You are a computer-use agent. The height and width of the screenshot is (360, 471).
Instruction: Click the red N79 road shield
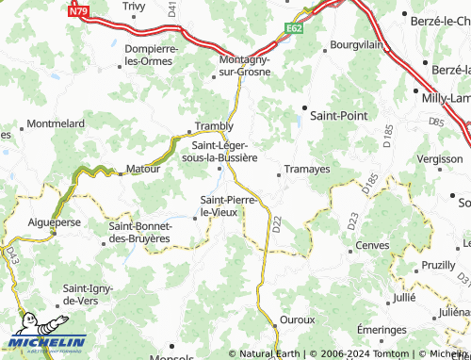coord(79,12)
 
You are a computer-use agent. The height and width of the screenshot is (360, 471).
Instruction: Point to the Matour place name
coord(143,171)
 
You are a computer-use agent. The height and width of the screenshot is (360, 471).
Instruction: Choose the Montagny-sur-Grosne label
coord(238,64)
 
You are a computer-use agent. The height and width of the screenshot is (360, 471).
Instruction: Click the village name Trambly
coord(213,126)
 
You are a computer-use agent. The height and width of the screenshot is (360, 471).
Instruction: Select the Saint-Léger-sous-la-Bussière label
coord(224,151)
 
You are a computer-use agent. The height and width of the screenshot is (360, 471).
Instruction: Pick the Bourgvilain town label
coord(355,45)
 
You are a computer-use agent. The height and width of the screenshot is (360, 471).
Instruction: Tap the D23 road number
coord(351,222)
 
